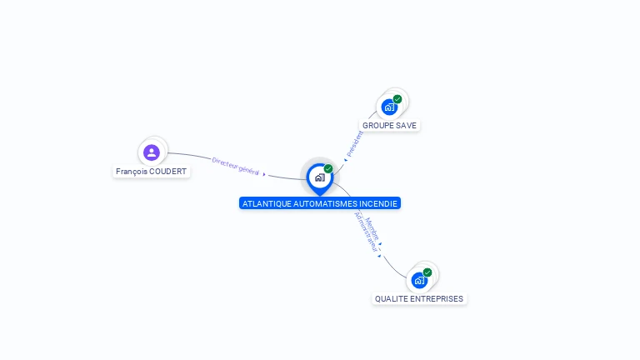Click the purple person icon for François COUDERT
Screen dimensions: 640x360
(x=151, y=152)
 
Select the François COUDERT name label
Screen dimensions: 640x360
(x=152, y=172)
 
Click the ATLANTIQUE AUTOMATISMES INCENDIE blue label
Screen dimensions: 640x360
(x=320, y=203)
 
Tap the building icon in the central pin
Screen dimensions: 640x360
(x=319, y=177)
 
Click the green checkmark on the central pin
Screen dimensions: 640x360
(x=328, y=169)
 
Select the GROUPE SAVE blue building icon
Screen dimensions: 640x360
(x=388, y=107)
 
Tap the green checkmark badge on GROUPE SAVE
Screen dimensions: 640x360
(x=397, y=99)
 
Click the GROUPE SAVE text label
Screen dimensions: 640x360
(x=390, y=126)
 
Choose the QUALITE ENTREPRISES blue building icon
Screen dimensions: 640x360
(x=418, y=280)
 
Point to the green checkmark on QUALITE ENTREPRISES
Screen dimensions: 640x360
(x=427, y=272)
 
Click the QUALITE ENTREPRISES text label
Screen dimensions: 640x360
(x=419, y=299)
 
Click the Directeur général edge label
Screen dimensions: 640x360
(x=236, y=166)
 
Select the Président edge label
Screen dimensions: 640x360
(x=353, y=142)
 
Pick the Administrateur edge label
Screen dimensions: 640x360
(x=365, y=232)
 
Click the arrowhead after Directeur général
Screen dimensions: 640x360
(x=265, y=174)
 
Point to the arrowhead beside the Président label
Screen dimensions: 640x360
(x=345, y=158)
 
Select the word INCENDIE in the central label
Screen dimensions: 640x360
(x=379, y=203)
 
